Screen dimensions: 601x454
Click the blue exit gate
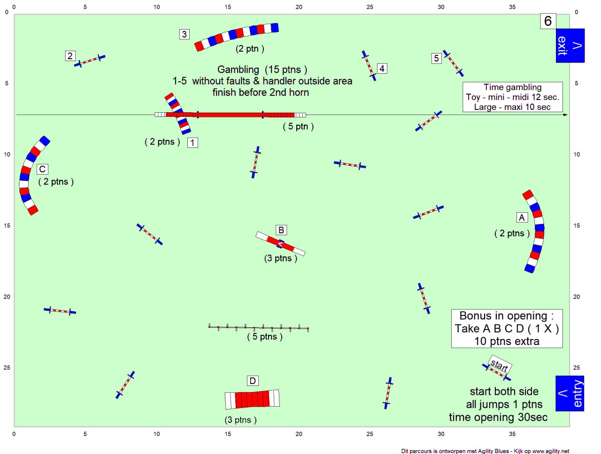570,46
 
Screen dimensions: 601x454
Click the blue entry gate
570,393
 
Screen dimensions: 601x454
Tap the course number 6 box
548,21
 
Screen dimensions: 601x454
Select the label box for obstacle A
522,217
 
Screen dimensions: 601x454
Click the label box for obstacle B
281,230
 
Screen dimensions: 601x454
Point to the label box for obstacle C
42,169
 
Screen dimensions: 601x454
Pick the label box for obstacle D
253,381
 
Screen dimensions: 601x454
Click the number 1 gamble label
193,143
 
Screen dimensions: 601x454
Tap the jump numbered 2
90,61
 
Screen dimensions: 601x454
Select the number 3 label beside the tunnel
184,34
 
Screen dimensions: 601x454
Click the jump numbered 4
369,66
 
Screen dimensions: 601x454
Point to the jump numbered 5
453,63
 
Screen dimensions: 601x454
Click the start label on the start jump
500,365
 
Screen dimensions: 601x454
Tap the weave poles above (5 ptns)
259,327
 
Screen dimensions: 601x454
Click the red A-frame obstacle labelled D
252,399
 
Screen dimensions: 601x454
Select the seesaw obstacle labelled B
280,244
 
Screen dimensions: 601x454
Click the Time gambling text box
513,97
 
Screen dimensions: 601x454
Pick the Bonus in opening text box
507,328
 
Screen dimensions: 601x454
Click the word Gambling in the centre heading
238,69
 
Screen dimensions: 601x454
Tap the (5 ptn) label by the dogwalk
298,126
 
